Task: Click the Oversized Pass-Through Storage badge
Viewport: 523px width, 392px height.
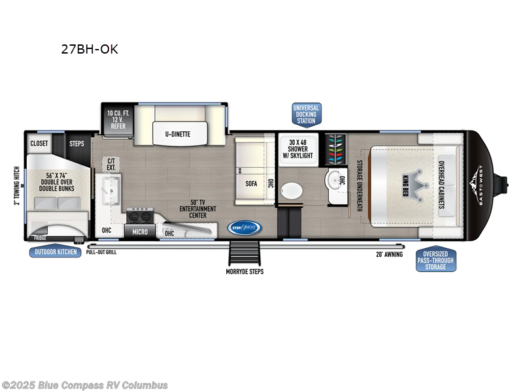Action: pyautogui.click(x=435, y=260)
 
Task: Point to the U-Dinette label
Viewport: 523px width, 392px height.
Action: pyautogui.click(x=177, y=134)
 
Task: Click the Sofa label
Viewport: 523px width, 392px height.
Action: pyautogui.click(x=252, y=184)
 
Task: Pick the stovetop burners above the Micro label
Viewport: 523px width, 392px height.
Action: pyautogui.click(x=139, y=216)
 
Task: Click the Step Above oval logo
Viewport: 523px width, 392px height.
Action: pyautogui.click(x=245, y=227)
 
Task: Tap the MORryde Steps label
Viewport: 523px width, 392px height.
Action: pyautogui.click(x=245, y=271)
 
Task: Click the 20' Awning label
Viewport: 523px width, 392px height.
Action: pyautogui.click(x=388, y=255)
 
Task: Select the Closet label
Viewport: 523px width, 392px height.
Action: pyautogui.click(x=41, y=143)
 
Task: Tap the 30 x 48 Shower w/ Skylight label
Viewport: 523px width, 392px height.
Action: pyautogui.click(x=297, y=149)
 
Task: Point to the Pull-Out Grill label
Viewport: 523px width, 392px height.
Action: pyautogui.click(x=101, y=252)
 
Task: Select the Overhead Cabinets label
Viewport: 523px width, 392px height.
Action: pyautogui.click(x=443, y=184)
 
